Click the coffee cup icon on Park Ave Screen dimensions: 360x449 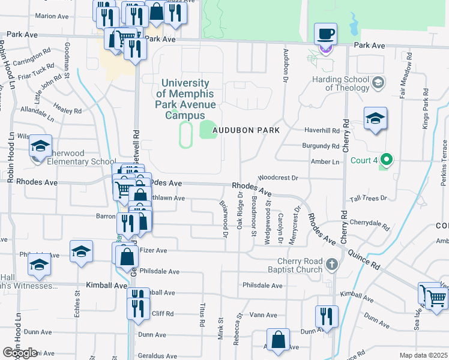[x=326, y=34]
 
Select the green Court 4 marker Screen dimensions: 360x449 [x=387, y=160]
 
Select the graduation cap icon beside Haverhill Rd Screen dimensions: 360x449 [x=375, y=118]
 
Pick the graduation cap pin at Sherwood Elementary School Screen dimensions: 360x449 [x=41, y=146]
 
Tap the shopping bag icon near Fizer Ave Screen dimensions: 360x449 [x=128, y=257]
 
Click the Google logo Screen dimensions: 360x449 [x=20, y=353]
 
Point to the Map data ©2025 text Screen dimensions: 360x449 [x=423, y=355]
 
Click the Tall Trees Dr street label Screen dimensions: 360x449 [x=369, y=197]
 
